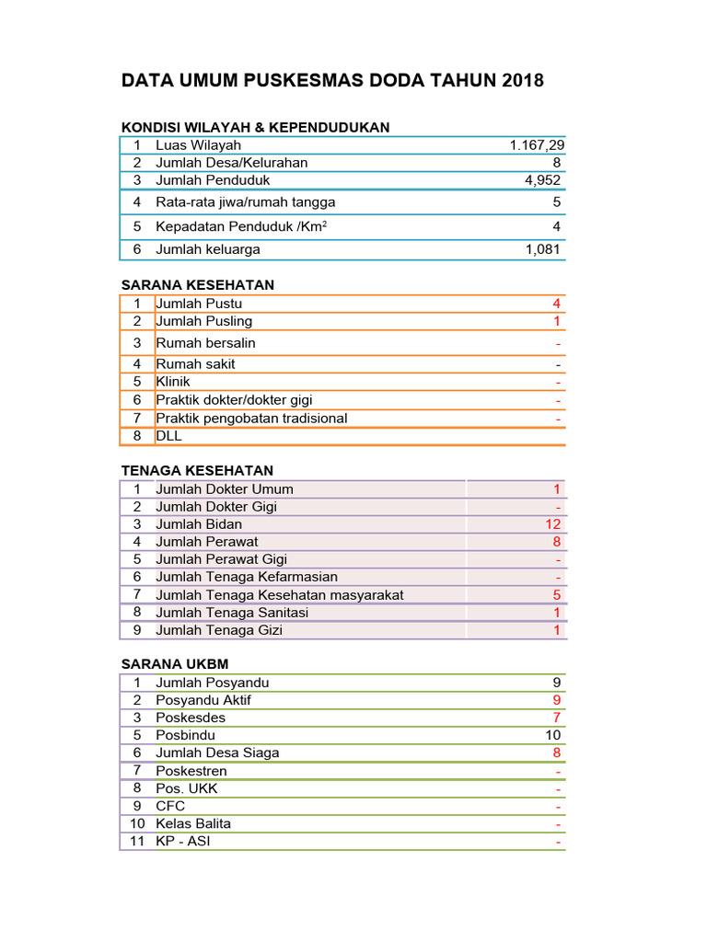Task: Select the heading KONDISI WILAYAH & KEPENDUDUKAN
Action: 256,127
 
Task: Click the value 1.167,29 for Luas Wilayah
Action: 537,145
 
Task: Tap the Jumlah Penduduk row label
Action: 213,180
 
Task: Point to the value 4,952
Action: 542,180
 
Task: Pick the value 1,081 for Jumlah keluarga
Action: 542,249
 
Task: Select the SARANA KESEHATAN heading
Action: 198,285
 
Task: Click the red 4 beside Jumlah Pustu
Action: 556,304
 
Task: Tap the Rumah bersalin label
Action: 206,343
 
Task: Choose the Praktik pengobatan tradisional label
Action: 251,419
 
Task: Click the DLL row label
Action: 169,436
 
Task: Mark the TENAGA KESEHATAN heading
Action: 197,471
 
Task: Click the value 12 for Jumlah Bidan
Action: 552,524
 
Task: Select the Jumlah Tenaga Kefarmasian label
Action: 247,577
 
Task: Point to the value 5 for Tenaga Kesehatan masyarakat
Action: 556,595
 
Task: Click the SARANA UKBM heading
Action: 175,664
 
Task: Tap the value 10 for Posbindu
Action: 552,735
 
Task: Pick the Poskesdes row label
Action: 191,718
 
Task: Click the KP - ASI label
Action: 183,841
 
